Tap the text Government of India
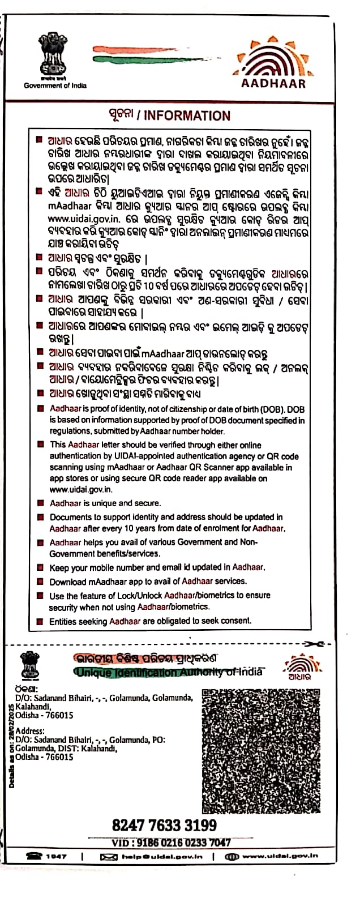coord(55,86)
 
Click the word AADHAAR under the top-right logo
coord(273,83)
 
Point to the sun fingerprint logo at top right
coord(273,57)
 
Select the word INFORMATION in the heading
coord(187,116)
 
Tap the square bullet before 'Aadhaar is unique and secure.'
coord(40,503)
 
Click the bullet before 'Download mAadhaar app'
coord(40,582)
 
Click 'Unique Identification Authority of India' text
coord(169,672)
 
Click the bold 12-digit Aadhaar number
coord(164,825)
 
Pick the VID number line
coord(171,843)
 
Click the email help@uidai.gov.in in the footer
coord(162,857)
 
